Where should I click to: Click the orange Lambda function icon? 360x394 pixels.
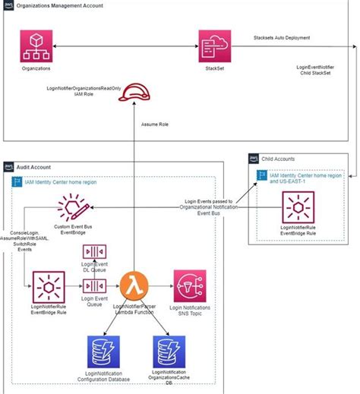[134, 287]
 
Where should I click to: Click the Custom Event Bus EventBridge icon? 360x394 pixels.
[73, 206]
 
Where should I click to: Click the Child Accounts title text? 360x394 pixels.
[279, 158]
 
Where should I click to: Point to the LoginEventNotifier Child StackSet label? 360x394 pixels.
[315, 71]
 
